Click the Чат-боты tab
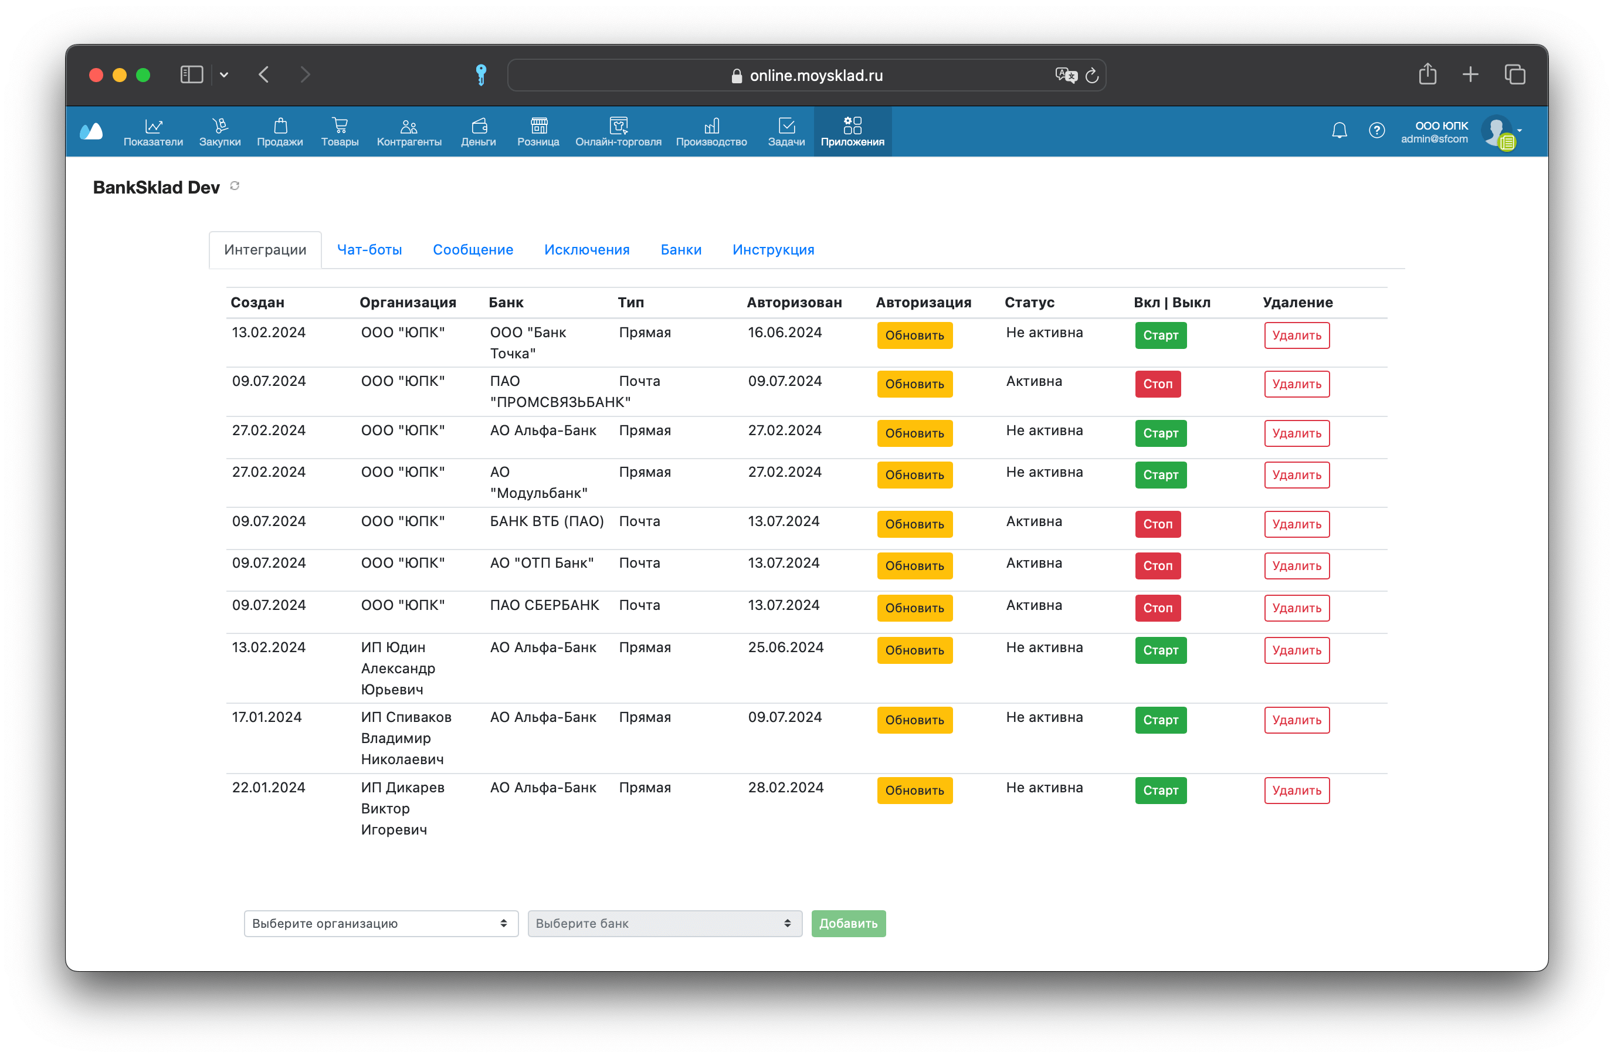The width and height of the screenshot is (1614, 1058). coord(369,250)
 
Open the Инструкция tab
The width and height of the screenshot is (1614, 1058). coord(773,250)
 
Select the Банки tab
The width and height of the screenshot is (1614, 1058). coord(681,250)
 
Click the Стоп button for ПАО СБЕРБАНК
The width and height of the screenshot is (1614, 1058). coord(1158,608)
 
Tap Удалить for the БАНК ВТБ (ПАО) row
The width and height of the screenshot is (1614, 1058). coord(1297,524)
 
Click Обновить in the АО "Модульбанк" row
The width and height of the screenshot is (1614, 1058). coord(914,474)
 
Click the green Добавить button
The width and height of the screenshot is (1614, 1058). coord(849,923)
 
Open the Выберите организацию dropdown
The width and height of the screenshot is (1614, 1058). coord(381,923)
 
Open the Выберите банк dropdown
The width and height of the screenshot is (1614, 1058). coord(664,923)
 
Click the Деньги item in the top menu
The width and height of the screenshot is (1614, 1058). coord(478,131)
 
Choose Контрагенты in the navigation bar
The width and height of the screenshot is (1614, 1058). coord(409,131)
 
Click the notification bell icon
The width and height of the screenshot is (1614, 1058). coord(1340,130)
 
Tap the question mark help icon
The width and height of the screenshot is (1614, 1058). coord(1376,130)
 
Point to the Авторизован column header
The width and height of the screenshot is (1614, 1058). coord(794,303)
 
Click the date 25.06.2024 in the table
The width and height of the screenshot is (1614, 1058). coord(785,647)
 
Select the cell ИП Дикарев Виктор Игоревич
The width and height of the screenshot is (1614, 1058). coord(403,808)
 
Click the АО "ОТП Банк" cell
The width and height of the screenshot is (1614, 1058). coord(542,563)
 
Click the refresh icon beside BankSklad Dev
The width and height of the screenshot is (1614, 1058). coord(235,186)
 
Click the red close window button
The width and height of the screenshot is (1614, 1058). coord(96,74)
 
